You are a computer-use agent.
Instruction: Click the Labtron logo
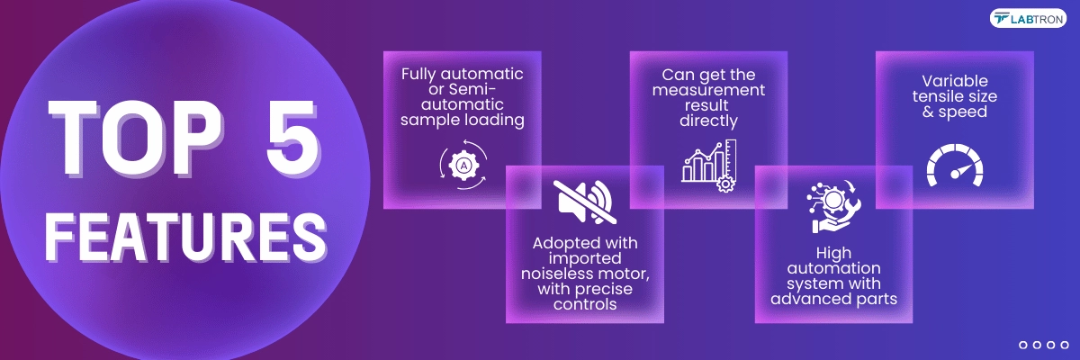[x=1028, y=18]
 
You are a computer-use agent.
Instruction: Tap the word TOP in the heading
[x=136, y=138]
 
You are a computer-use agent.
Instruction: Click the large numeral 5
[x=293, y=138]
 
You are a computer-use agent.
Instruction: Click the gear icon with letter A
[x=463, y=166]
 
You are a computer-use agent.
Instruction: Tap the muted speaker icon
[x=585, y=202]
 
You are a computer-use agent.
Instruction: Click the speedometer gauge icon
[x=955, y=166]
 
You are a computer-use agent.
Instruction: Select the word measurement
[x=708, y=90]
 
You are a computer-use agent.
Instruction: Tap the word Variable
[x=955, y=81]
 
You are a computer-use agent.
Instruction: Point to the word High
[x=833, y=253]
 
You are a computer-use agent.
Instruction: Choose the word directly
[x=708, y=121]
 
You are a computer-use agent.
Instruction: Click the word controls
[x=585, y=304]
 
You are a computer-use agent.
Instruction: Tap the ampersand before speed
[x=928, y=112]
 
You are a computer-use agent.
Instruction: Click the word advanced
[x=805, y=299]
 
